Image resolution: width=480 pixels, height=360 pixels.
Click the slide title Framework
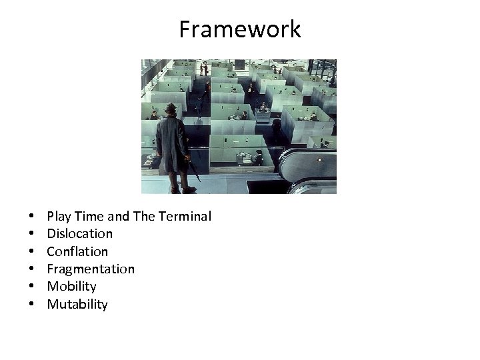(x=240, y=29)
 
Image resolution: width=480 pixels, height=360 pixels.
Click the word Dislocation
(x=79, y=234)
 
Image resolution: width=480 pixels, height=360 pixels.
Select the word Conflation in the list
(x=77, y=251)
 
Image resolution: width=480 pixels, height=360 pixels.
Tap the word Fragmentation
(x=90, y=269)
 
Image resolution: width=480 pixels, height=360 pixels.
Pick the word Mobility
(x=71, y=287)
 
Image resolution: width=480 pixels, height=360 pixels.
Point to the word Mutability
(x=77, y=305)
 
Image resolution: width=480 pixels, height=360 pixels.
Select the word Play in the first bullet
(x=58, y=216)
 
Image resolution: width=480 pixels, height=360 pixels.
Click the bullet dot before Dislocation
(x=31, y=234)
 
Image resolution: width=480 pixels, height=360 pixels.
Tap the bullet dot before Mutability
(x=31, y=305)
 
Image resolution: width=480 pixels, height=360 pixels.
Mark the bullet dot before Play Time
(x=31, y=217)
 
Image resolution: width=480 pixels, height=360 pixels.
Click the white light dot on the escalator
(x=319, y=160)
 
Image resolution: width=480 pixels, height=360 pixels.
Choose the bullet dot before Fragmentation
(x=31, y=269)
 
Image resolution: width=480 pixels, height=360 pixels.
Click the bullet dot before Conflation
(x=31, y=252)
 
